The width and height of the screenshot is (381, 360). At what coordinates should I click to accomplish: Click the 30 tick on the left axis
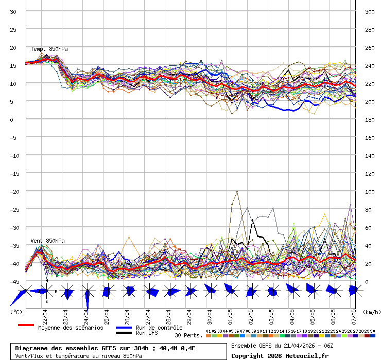[x=13, y=11]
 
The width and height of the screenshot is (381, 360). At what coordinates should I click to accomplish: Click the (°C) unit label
[x=15, y=312]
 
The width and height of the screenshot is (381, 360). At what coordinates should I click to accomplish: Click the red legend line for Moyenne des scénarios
[x=26, y=326]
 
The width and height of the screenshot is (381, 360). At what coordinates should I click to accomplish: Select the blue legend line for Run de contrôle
[x=124, y=328]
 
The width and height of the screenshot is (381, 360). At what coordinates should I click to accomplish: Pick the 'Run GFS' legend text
[x=147, y=333]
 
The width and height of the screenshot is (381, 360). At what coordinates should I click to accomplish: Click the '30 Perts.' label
[x=188, y=335]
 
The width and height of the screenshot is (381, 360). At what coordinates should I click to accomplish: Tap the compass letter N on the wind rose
[x=47, y=281]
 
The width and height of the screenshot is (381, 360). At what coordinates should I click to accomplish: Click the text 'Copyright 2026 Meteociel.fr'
[x=280, y=355]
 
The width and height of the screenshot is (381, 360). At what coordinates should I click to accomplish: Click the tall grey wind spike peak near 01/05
[x=237, y=191]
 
